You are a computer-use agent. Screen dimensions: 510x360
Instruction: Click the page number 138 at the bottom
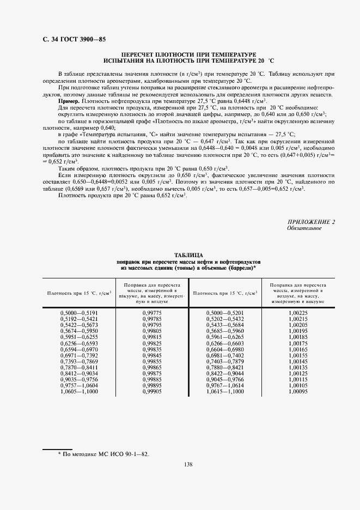click(x=188, y=464)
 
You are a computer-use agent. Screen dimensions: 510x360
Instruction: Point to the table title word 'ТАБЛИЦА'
click(x=188, y=255)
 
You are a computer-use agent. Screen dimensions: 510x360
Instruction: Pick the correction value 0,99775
click(x=152, y=313)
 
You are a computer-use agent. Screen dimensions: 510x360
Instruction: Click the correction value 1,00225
click(x=298, y=313)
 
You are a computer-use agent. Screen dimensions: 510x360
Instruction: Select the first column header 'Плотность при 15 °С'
click(x=79, y=293)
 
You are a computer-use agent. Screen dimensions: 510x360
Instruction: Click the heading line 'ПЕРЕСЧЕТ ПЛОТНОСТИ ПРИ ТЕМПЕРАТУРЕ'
click(x=188, y=55)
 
